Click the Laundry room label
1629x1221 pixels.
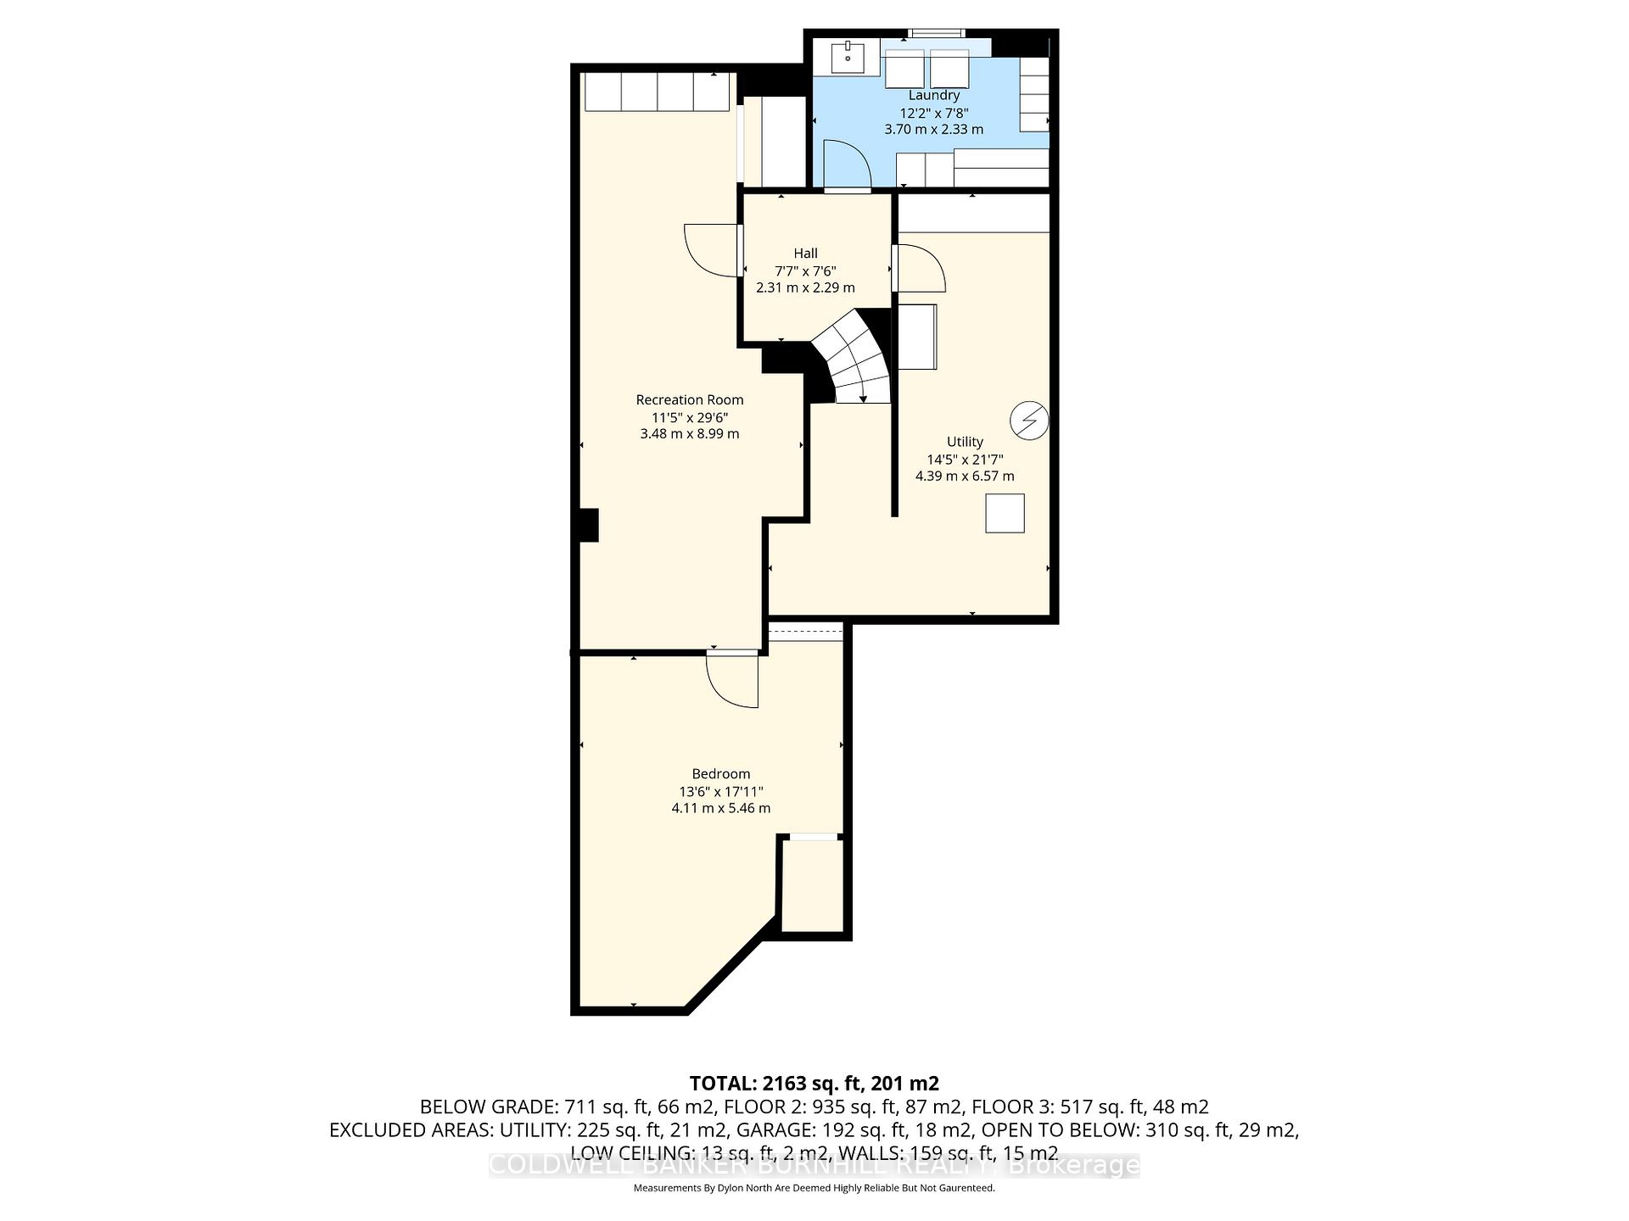point(933,95)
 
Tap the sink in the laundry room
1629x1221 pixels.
point(848,59)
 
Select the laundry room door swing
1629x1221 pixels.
point(845,164)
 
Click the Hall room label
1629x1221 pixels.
point(805,253)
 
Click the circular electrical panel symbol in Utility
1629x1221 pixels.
point(1028,420)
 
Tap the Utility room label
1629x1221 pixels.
point(965,441)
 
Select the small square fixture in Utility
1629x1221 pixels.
point(1005,513)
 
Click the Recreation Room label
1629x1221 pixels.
point(689,399)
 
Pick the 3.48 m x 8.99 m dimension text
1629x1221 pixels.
point(689,433)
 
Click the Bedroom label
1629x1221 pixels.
point(720,773)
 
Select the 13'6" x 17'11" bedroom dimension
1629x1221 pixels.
point(720,791)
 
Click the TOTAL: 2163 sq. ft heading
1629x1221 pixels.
point(814,1083)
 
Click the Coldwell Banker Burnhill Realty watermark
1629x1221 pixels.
point(814,1165)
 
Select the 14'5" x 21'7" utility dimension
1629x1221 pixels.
point(965,459)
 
